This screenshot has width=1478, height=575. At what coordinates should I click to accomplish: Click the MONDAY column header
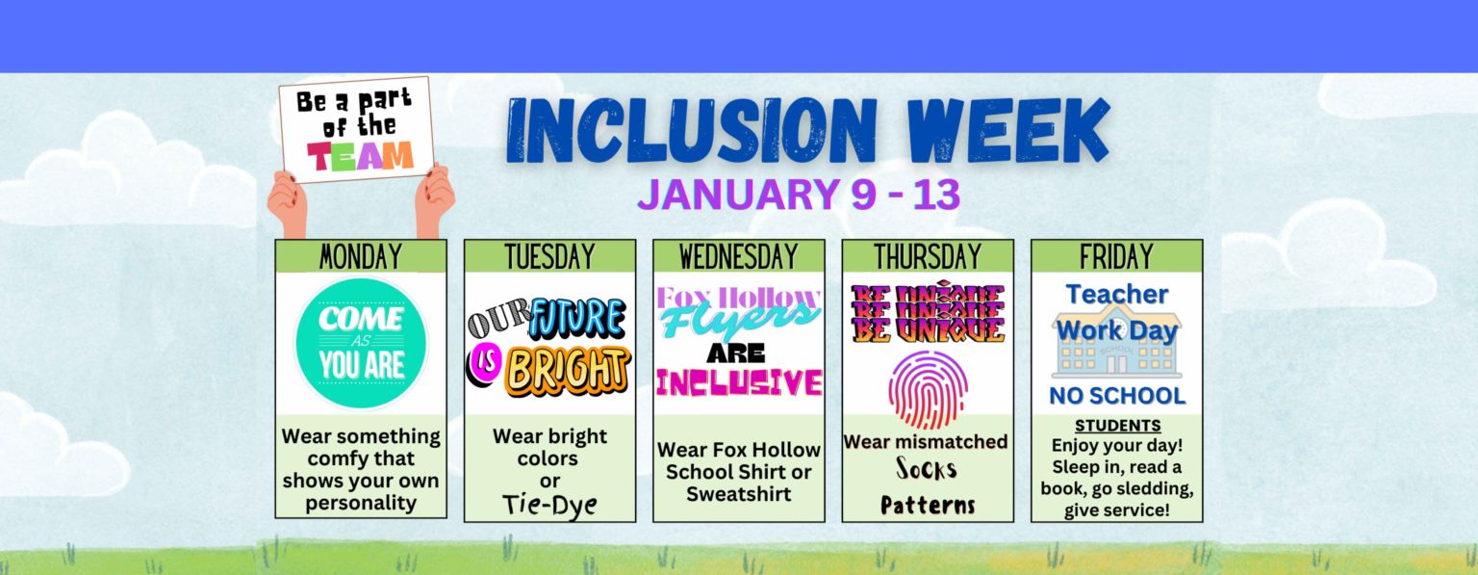click(x=361, y=256)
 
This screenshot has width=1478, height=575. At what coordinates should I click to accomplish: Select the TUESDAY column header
click(x=549, y=256)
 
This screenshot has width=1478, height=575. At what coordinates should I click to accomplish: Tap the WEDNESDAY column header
click(x=738, y=256)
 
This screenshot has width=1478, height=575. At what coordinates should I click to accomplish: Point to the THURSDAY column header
click(x=928, y=256)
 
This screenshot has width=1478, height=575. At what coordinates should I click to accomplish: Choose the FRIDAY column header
click(x=1116, y=256)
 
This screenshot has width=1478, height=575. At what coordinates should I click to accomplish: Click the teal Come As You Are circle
click(x=361, y=343)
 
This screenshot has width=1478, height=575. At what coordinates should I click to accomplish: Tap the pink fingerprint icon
click(x=928, y=389)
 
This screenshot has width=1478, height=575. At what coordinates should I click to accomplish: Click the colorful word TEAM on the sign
click(x=360, y=157)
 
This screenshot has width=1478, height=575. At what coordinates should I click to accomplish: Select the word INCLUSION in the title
click(x=692, y=131)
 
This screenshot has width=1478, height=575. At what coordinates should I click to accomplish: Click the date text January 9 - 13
click(x=799, y=195)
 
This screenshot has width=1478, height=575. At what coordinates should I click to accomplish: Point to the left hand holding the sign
click(x=288, y=203)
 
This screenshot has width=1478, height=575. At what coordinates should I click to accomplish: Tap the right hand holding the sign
click(x=435, y=199)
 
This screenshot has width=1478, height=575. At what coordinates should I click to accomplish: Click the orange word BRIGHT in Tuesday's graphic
click(x=570, y=371)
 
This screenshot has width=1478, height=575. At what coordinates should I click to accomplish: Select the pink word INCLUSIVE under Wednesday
click(x=739, y=382)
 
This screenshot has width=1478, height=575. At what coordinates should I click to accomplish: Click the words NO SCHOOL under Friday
click(x=1117, y=396)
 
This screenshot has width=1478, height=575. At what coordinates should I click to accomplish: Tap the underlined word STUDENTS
click(x=1117, y=425)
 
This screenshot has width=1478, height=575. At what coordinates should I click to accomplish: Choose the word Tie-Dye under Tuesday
click(x=549, y=505)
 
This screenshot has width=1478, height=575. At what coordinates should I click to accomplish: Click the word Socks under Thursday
click(x=927, y=469)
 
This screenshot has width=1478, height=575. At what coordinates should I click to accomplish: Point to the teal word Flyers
click(x=739, y=319)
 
